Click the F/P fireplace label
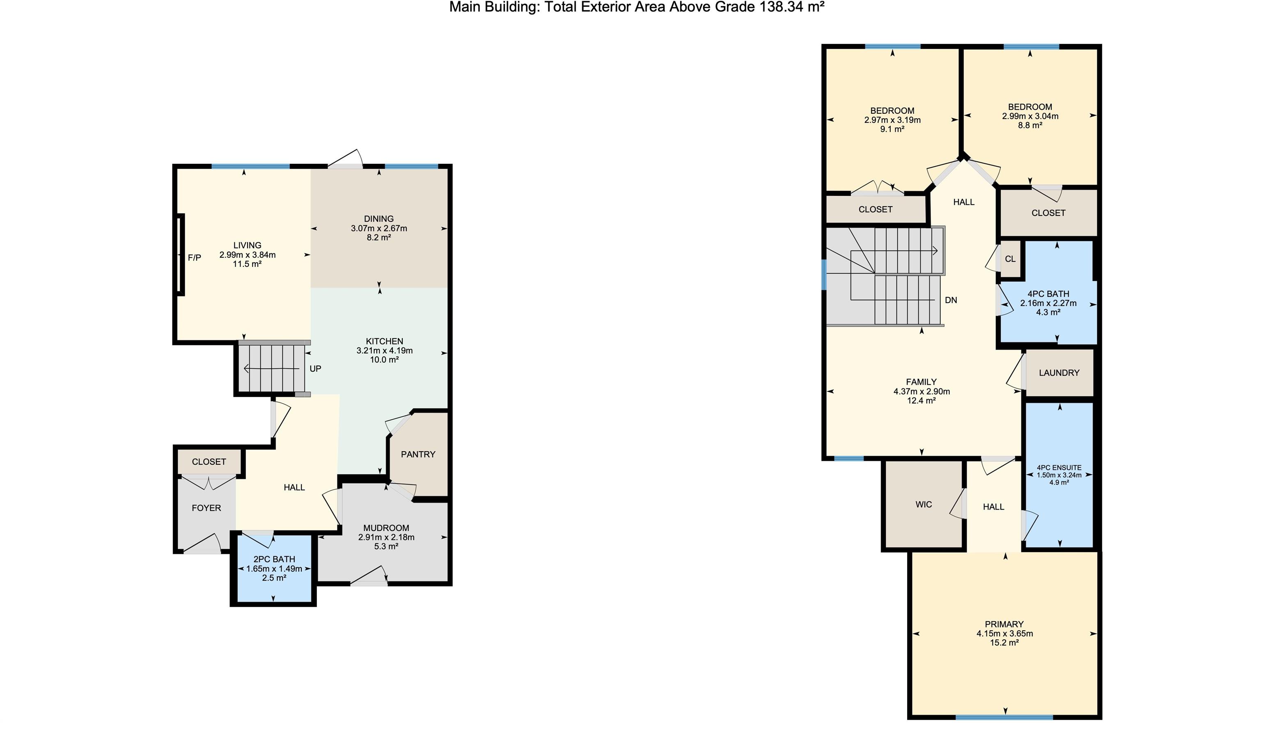(x=194, y=258)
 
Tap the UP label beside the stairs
(x=315, y=369)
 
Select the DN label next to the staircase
(x=951, y=300)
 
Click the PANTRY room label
(x=418, y=455)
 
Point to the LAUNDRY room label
(x=1059, y=373)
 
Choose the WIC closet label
(x=924, y=504)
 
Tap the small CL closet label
(x=1010, y=259)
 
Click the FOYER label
(x=206, y=508)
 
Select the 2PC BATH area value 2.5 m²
(x=274, y=578)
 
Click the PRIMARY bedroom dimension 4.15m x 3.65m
(x=1004, y=634)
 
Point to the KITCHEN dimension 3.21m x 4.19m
(x=384, y=351)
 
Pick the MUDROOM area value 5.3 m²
(x=386, y=546)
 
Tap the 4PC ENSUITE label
(x=1059, y=468)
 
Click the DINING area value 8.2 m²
(x=379, y=238)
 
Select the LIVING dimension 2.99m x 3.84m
(x=247, y=255)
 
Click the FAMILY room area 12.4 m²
(x=921, y=401)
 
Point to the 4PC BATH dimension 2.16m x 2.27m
(x=1048, y=303)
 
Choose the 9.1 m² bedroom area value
(x=892, y=129)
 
